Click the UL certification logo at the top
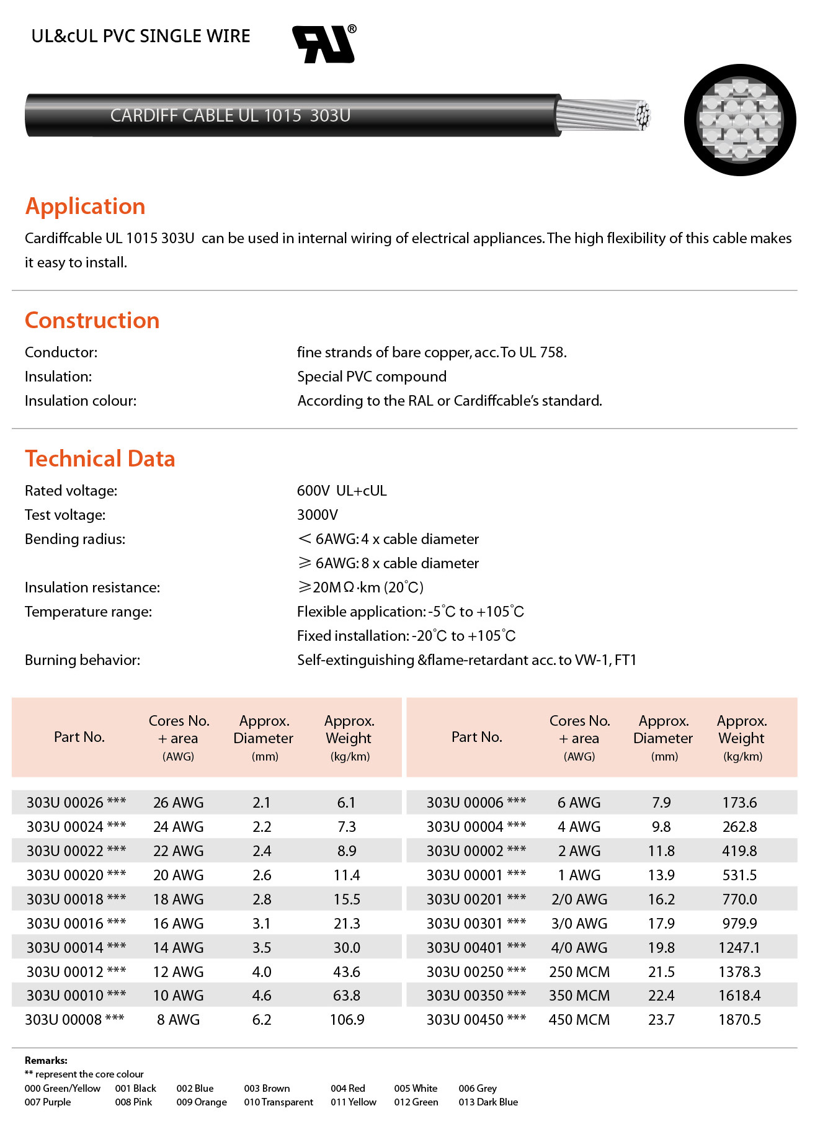(324, 44)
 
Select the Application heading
(85, 206)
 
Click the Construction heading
(92, 320)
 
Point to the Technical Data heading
(100, 458)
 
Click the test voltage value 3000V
(318, 515)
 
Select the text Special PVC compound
(372, 377)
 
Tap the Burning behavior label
(82, 660)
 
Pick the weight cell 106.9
(347, 1020)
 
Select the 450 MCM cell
(579, 1020)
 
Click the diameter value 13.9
(661, 875)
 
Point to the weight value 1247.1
(739, 948)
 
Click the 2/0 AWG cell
(579, 899)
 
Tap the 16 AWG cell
(178, 924)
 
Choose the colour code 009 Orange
(202, 1102)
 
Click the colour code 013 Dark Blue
(488, 1102)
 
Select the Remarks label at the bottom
(46, 1061)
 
